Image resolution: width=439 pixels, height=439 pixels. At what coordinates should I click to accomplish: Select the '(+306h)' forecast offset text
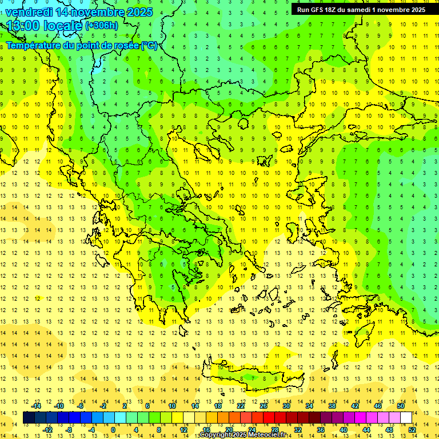tap(102, 25)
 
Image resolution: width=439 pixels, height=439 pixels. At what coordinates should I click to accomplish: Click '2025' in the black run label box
tap(415, 10)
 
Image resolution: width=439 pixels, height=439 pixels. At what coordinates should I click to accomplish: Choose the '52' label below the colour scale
tap(412, 429)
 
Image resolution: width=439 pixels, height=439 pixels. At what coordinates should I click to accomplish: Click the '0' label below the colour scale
tap(113, 429)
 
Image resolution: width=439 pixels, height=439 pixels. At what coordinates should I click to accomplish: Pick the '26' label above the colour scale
tap(263, 406)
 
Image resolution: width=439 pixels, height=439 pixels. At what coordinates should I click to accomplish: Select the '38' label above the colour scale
tap(332, 406)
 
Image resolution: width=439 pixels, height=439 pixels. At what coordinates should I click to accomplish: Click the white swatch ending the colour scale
tap(406, 417)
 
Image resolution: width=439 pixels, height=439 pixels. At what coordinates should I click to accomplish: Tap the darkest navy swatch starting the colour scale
tap(29, 417)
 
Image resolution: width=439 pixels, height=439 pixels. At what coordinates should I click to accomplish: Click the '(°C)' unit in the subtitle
tap(149, 45)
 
